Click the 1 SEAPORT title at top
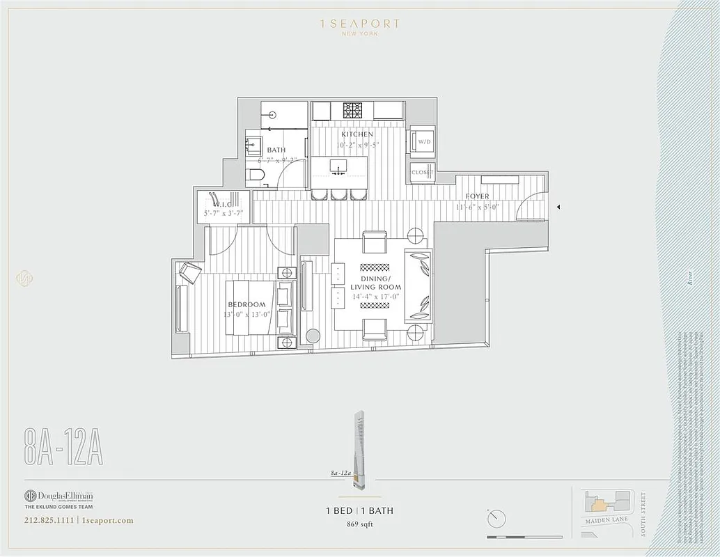pos(359,24)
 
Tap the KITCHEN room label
pos(357,134)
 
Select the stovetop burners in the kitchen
pos(353,110)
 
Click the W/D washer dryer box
pos(423,142)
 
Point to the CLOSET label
pos(422,172)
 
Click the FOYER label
pos(477,197)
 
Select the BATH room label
pos(276,150)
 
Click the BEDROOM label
pos(246,305)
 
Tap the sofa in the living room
pos(418,285)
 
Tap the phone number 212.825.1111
pos(49,520)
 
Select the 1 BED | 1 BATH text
pos(359,510)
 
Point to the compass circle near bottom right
pos(496,518)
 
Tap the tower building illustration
pos(359,446)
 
